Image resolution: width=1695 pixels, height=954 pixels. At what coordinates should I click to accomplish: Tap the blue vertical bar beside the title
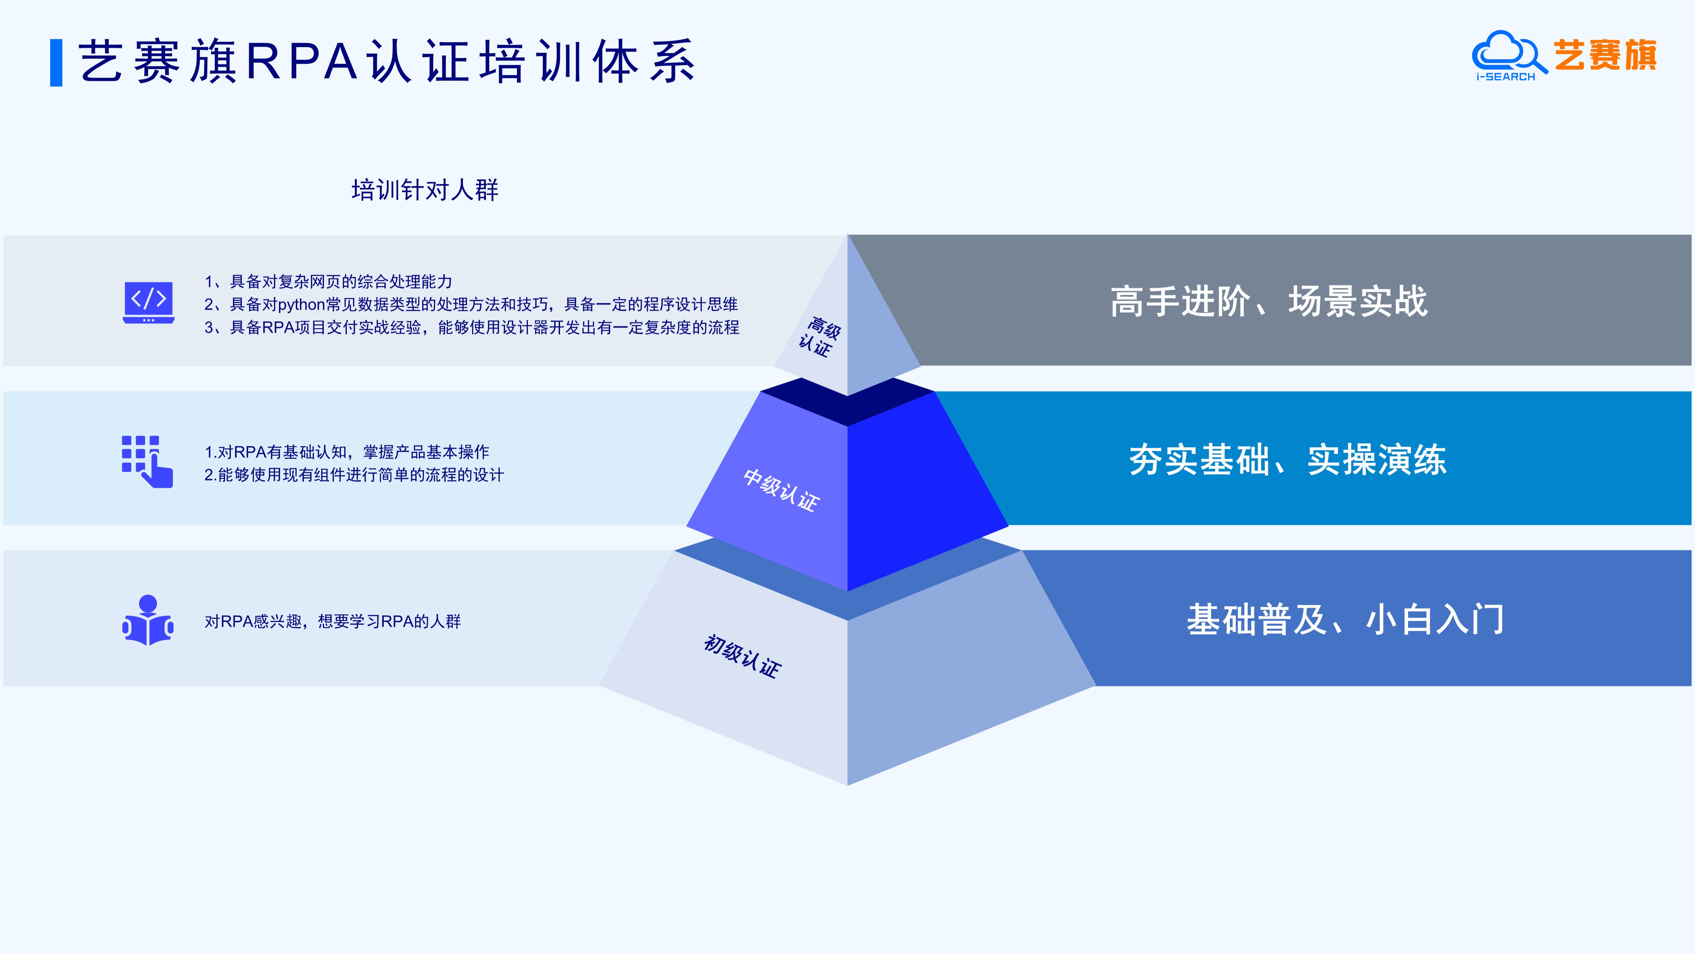(x=57, y=62)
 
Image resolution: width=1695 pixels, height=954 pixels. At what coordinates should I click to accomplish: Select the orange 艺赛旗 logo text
(x=1606, y=55)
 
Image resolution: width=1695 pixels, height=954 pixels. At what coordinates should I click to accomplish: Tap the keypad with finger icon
(x=147, y=461)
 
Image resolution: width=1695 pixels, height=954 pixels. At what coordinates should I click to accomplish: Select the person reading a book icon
(x=148, y=620)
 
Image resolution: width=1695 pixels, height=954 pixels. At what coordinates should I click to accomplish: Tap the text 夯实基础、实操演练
(x=1288, y=460)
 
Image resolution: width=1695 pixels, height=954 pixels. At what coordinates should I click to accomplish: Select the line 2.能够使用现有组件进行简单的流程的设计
(x=354, y=475)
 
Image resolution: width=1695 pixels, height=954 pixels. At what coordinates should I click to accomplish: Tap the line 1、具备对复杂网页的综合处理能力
(x=328, y=282)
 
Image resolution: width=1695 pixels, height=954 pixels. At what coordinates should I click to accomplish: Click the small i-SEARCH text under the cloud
(x=1505, y=77)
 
